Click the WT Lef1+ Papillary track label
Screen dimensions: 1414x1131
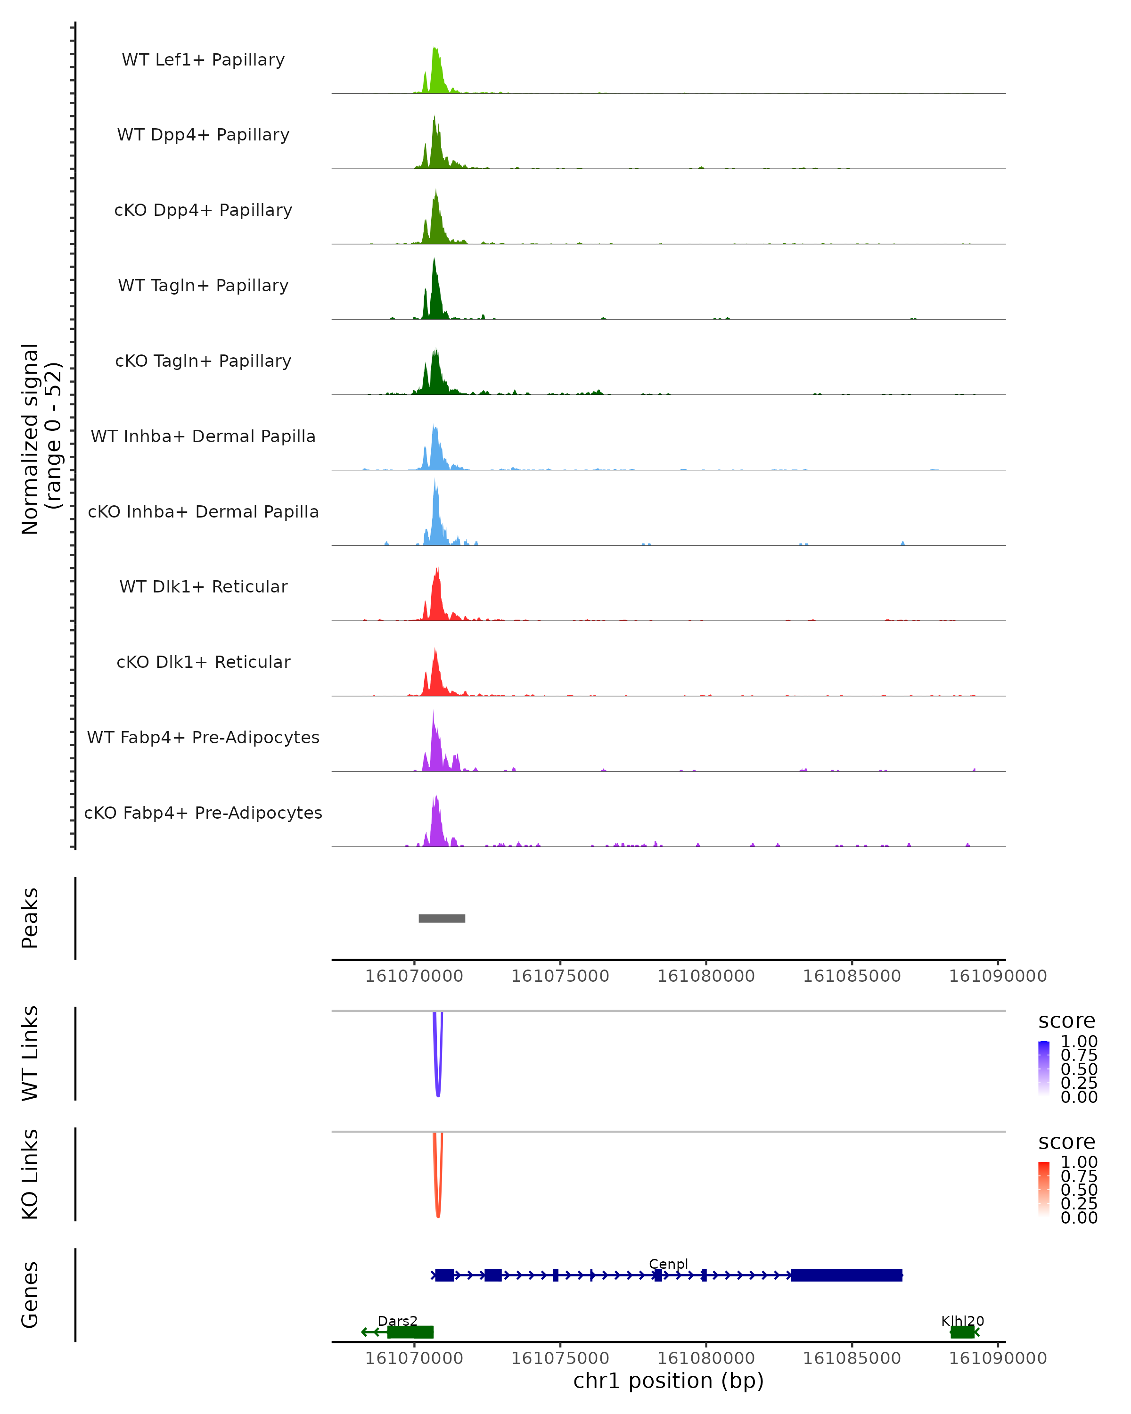pyautogui.click(x=203, y=60)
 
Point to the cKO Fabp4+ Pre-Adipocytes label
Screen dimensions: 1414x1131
pyautogui.click(x=203, y=813)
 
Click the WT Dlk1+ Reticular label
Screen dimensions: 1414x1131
pyautogui.click(x=203, y=586)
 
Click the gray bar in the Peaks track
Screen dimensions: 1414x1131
pyautogui.click(x=442, y=918)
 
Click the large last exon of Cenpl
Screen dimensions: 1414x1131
pyautogui.click(x=846, y=1275)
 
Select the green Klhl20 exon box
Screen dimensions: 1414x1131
pyautogui.click(x=962, y=1332)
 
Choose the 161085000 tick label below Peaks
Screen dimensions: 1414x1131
pyautogui.click(x=852, y=976)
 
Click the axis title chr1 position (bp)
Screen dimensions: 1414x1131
pyautogui.click(x=668, y=1381)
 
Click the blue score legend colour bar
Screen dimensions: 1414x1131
pyautogui.click(x=1044, y=1067)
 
